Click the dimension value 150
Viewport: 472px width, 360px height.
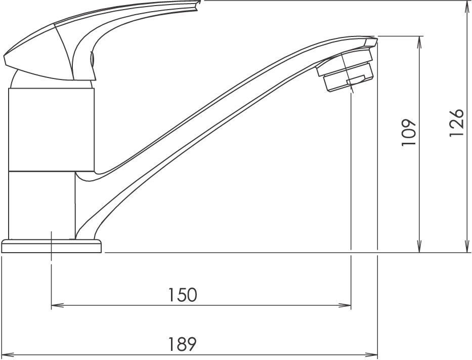click(x=183, y=295)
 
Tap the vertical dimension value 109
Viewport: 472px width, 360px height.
click(x=408, y=133)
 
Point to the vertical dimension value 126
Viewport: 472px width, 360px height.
click(x=456, y=123)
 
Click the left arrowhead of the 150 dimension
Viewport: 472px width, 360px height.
click(x=57, y=306)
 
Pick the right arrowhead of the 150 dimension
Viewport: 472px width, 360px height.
click(x=345, y=306)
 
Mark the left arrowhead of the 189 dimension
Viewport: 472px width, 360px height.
click(x=8, y=355)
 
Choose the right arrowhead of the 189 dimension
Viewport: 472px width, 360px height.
click(x=371, y=355)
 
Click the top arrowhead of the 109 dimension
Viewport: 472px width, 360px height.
click(x=419, y=43)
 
